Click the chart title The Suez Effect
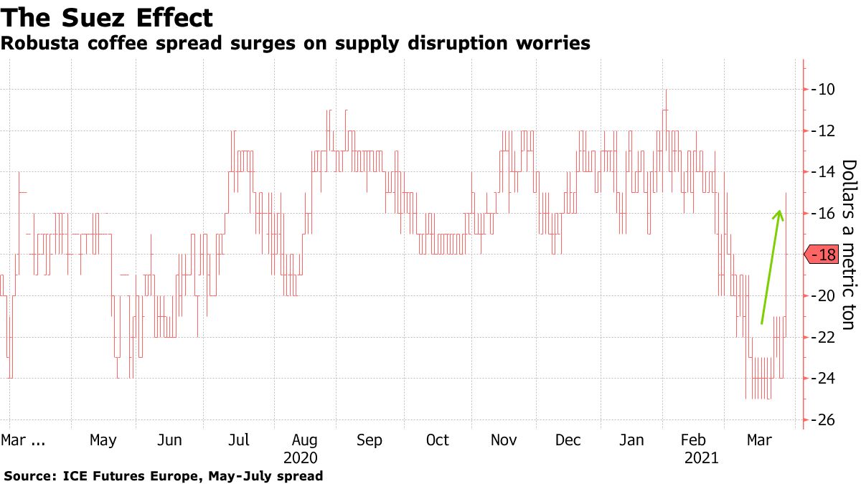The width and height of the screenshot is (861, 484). [x=107, y=17]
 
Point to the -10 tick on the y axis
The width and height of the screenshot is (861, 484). [x=822, y=90]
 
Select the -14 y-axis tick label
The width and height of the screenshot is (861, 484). [x=822, y=172]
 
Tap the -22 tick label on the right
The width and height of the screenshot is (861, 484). [x=822, y=337]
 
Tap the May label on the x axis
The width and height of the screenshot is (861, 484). [x=103, y=440]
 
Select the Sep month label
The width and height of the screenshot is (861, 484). [x=369, y=440]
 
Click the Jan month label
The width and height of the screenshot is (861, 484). [x=632, y=440]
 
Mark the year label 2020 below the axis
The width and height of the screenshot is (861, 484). [x=301, y=457]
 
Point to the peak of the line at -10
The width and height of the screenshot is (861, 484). [x=666, y=91]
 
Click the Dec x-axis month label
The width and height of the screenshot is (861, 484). [x=568, y=440]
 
